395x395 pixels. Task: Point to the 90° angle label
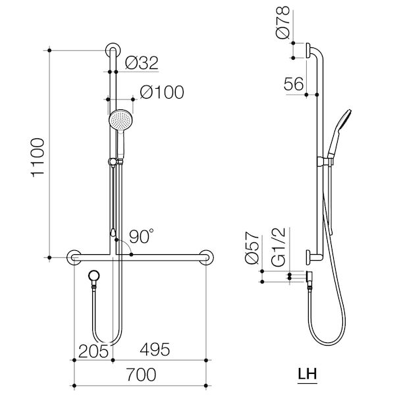click(x=141, y=236)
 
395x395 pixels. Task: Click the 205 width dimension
click(x=94, y=350)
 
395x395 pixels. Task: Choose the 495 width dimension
click(x=153, y=350)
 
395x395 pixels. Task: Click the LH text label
click(x=307, y=375)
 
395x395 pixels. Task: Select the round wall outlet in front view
click(x=95, y=275)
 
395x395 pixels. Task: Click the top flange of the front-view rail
click(x=112, y=51)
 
